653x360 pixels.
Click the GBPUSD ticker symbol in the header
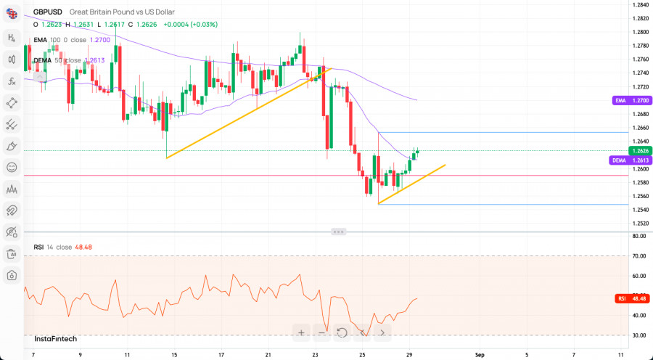coord(48,12)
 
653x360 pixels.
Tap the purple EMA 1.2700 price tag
coord(629,101)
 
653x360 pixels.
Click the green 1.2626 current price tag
coord(641,150)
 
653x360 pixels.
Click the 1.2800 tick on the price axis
coord(640,32)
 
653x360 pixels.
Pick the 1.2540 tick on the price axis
coord(640,210)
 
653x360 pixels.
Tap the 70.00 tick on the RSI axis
coord(639,256)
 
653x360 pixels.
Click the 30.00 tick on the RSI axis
coord(639,335)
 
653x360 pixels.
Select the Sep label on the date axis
coord(479,355)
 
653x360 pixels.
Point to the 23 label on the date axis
coord(316,355)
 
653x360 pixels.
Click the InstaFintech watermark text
coord(55,339)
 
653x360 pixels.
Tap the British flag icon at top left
coord(12,12)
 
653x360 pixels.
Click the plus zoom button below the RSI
coord(301,333)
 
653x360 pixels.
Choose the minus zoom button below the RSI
coord(321,333)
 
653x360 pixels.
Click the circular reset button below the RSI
coord(342,333)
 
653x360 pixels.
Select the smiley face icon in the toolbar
coord(12,167)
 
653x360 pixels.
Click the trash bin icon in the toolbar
coord(12,254)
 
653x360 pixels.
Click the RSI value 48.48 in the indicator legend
coord(83,247)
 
